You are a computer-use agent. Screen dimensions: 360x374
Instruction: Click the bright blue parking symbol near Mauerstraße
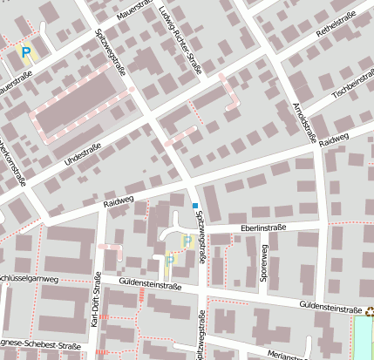coord(26,53)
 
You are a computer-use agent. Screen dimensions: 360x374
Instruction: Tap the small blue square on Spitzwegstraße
coord(195,206)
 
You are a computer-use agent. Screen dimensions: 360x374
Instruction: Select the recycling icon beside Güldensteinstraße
coord(370,309)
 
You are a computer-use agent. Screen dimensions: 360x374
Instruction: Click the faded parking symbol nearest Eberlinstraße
coord(187,241)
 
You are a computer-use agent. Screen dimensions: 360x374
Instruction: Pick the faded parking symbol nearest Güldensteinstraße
coord(170,259)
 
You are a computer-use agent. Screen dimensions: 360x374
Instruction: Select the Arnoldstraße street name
coord(305,118)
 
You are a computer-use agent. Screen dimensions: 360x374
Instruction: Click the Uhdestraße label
coord(83,155)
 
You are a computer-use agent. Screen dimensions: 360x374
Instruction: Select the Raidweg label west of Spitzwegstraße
coord(119,202)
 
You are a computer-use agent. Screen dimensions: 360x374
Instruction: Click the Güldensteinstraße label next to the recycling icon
coord(330,308)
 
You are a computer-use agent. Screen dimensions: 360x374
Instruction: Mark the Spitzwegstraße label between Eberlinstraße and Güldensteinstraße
coord(202,240)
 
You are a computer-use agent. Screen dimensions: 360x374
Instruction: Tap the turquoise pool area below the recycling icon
coord(364,338)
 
